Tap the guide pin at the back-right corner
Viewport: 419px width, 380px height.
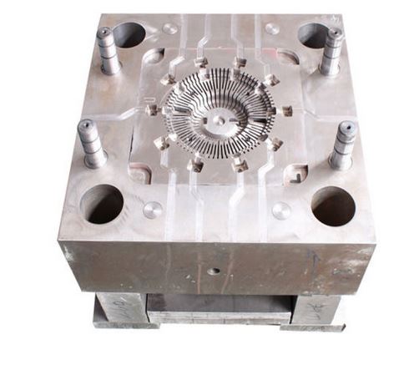tap(332, 52)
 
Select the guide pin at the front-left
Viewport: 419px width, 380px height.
tap(91, 143)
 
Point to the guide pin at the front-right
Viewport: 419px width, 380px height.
tap(342, 145)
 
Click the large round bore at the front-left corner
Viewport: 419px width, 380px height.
tap(102, 203)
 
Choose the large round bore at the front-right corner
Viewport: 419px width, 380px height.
tap(333, 205)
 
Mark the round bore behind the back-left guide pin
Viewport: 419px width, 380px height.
tap(129, 34)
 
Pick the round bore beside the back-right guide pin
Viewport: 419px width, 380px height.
tap(311, 35)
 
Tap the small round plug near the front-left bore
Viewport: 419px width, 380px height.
tap(154, 210)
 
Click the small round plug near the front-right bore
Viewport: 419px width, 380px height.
tap(281, 210)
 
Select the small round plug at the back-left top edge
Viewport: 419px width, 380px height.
tap(169, 28)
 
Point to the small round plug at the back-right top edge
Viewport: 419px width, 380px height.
tap(272, 28)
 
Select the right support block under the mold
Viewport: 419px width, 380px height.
tap(321, 309)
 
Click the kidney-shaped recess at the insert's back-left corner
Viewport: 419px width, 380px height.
tap(154, 57)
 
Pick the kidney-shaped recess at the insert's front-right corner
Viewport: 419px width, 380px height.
tap(295, 174)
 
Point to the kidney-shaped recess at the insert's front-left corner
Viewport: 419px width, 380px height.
tap(139, 173)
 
